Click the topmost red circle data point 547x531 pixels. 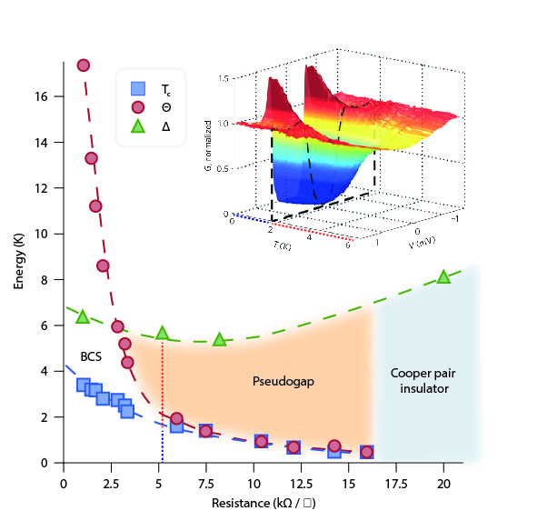click(84, 65)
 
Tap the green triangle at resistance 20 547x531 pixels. click(443, 276)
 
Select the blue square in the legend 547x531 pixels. click(137, 89)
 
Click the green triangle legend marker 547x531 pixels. click(137, 127)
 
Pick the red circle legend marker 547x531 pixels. click(137, 108)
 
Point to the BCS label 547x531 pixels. click(91, 356)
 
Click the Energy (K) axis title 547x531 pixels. click(19, 263)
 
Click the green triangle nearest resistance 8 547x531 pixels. click(219, 339)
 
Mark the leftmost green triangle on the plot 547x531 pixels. click(83, 316)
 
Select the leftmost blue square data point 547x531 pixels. click(84, 386)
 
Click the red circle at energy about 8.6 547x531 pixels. click(103, 265)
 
